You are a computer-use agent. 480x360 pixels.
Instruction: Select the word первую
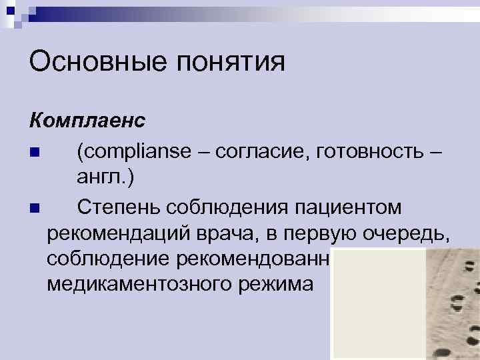[329, 233]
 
